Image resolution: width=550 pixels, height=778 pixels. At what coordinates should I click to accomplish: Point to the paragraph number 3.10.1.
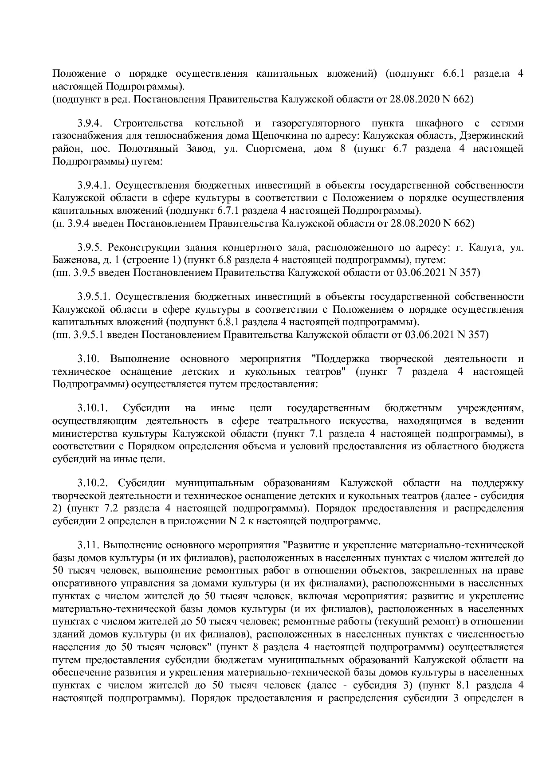coord(93,408)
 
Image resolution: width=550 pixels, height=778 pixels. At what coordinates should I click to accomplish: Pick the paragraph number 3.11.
coord(87,545)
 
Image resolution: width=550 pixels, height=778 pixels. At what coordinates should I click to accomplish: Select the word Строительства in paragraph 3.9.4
coord(147,123)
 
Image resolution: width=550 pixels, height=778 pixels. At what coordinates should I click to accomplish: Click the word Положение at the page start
coord(79,74)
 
